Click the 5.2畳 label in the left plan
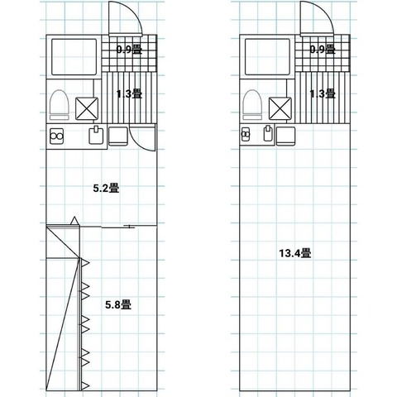106,189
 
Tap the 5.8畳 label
118,304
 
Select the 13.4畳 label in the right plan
295,253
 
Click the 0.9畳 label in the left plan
129,50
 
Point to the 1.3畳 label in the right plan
323,94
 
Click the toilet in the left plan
59,105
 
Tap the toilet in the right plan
252,105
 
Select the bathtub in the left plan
74,57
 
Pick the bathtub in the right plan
267,57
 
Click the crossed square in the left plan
87,108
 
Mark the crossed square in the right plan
280,108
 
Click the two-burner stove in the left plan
57,136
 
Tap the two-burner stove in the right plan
245,134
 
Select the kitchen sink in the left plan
96,135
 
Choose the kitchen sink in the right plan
268,133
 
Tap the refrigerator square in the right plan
286,136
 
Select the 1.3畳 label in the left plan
129,94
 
